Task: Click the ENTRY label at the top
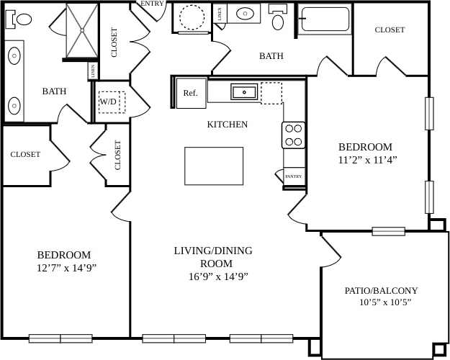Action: coord(152,4)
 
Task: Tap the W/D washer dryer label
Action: coord(108,102)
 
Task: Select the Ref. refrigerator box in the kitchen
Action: coord(191,93)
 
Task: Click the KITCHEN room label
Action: coord(228,125)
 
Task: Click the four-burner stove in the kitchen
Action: coord(294,135)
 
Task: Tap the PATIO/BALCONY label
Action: coord(381,291)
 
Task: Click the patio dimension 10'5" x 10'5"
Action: coord(384,302)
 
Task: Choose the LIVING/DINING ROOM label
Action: coord(213,257)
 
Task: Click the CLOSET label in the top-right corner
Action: coord(390,30)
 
